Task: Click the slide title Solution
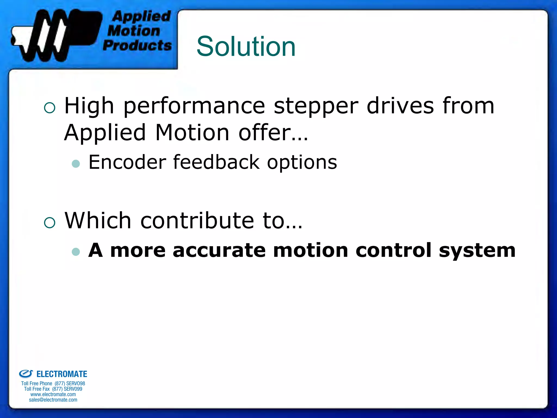246,47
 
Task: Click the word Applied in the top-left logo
141,16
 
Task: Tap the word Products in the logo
137,45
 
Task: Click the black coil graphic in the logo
54,35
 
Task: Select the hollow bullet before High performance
49,108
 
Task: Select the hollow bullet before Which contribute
49,223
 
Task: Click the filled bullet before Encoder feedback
76,164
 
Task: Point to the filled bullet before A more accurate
76,251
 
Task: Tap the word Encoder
127,162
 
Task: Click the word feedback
216,162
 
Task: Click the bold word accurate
219,250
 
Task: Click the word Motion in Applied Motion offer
192,133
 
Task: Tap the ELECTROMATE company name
62,374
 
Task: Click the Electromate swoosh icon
26,374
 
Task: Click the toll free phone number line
53,383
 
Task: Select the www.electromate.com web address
53,394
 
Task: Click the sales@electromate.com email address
53,400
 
